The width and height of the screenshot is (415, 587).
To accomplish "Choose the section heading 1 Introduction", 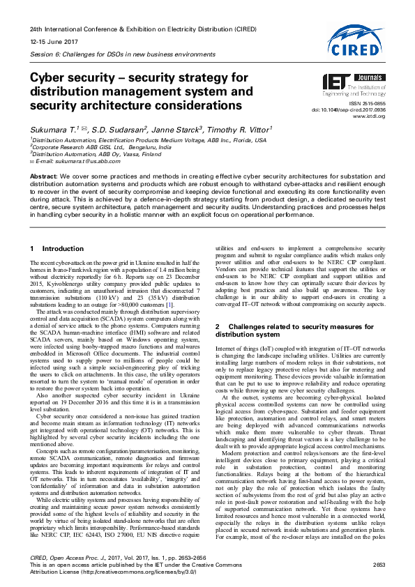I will point(53,248).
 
